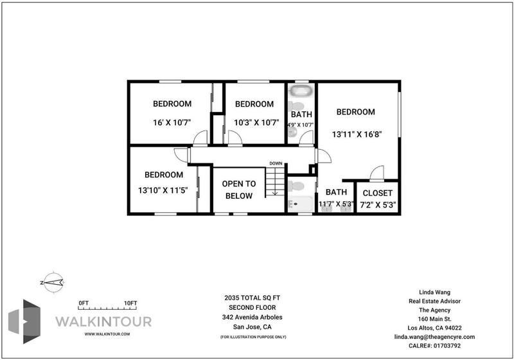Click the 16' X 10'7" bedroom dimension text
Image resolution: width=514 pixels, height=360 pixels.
(x=172, y=123)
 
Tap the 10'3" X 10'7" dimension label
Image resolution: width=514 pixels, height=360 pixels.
(x=256, y=123)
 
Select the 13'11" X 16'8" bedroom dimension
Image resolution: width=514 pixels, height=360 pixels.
(x=357, y=134)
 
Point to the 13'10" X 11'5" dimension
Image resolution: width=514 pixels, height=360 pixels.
(x=163, y=190)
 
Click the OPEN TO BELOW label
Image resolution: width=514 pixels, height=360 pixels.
(x=239, y=190)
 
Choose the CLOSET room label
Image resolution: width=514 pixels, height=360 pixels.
(x=378, y=193)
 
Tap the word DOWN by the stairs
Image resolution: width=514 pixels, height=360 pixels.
(x=276, y=163)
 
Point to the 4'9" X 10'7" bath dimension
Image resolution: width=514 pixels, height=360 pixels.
(x=301, y=125)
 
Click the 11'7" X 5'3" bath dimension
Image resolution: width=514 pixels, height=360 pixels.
(x=336, y=204)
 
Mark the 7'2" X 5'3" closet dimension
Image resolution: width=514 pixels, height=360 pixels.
(x=378, y=205)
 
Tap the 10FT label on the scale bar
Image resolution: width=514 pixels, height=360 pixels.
(x=130, y=303)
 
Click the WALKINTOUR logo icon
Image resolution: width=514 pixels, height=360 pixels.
(x=24, y=321)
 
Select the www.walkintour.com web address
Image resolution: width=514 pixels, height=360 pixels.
(x=107, y=334)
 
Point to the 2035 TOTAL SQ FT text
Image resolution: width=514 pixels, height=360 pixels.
(x=252, y=298)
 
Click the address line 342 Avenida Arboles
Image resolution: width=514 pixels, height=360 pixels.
(x=252, y=317)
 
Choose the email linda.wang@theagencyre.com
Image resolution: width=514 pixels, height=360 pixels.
(x=434, y=337)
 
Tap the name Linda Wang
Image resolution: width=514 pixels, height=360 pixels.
(x=435, y=292)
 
